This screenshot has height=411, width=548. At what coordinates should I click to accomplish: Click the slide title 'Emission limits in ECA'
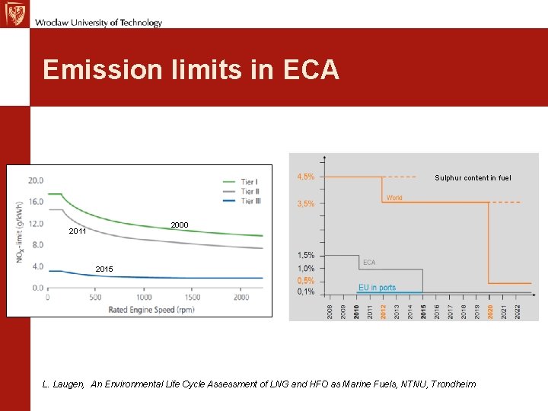191,70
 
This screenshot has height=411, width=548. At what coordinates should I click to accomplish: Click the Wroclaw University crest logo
14,14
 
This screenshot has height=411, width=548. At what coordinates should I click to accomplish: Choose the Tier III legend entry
250,201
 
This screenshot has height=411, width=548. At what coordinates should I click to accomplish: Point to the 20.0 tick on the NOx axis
35,181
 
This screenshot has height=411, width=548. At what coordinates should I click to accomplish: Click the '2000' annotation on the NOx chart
180,225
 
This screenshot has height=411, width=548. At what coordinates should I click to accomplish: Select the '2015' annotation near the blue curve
105,269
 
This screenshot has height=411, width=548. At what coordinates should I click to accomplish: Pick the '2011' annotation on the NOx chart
78,231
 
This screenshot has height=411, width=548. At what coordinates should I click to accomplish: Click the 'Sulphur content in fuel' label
473,178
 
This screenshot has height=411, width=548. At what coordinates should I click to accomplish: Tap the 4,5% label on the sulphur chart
305,177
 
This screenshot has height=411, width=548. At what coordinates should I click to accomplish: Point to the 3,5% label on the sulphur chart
305,203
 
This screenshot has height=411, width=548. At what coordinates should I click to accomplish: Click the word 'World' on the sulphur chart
393,198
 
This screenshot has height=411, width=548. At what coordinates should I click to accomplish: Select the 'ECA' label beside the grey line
368,263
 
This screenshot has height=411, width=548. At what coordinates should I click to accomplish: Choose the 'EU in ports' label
378,288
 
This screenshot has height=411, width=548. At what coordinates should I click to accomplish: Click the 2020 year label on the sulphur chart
490,311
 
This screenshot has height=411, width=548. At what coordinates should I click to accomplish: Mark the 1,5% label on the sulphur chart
305,255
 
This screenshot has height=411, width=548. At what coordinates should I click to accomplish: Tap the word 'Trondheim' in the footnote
454,384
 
